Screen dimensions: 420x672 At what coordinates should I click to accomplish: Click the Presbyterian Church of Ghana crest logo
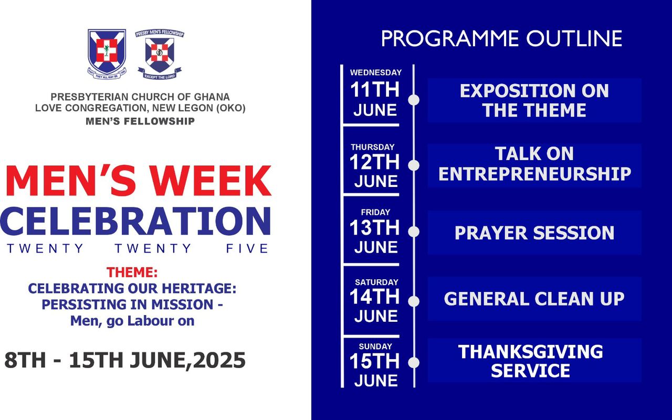(107, 53)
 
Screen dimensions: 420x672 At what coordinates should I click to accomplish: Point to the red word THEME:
(132, 272)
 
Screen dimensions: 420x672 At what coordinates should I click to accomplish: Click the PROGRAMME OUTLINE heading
(501, 39)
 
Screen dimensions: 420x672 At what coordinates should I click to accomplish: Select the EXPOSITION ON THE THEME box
(534, 100)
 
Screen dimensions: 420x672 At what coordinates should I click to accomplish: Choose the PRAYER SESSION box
(534, 233)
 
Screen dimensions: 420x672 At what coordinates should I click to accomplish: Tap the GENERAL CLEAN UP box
(534, 299)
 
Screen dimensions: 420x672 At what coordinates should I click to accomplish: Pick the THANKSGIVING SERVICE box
(534, 361)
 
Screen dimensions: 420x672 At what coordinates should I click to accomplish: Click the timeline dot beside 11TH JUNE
(414, 100)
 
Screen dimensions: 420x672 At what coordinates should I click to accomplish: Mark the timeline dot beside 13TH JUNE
(414, 232)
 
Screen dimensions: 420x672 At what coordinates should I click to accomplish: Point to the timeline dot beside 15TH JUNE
(414, 362)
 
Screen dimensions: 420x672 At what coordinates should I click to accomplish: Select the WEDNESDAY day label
(375, 72)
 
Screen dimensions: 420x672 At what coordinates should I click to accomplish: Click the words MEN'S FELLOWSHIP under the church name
(140, 121)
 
